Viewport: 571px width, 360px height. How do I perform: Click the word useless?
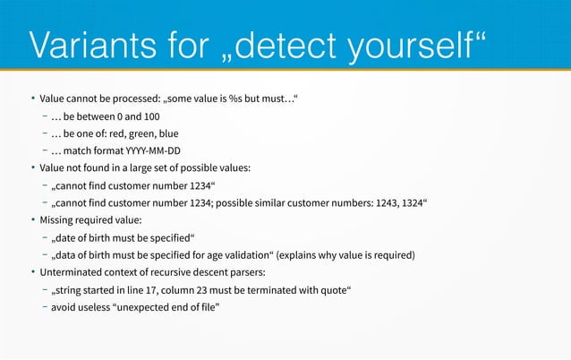[x=89, y=307]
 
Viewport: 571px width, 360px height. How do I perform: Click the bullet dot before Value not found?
[x=32, y=167]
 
